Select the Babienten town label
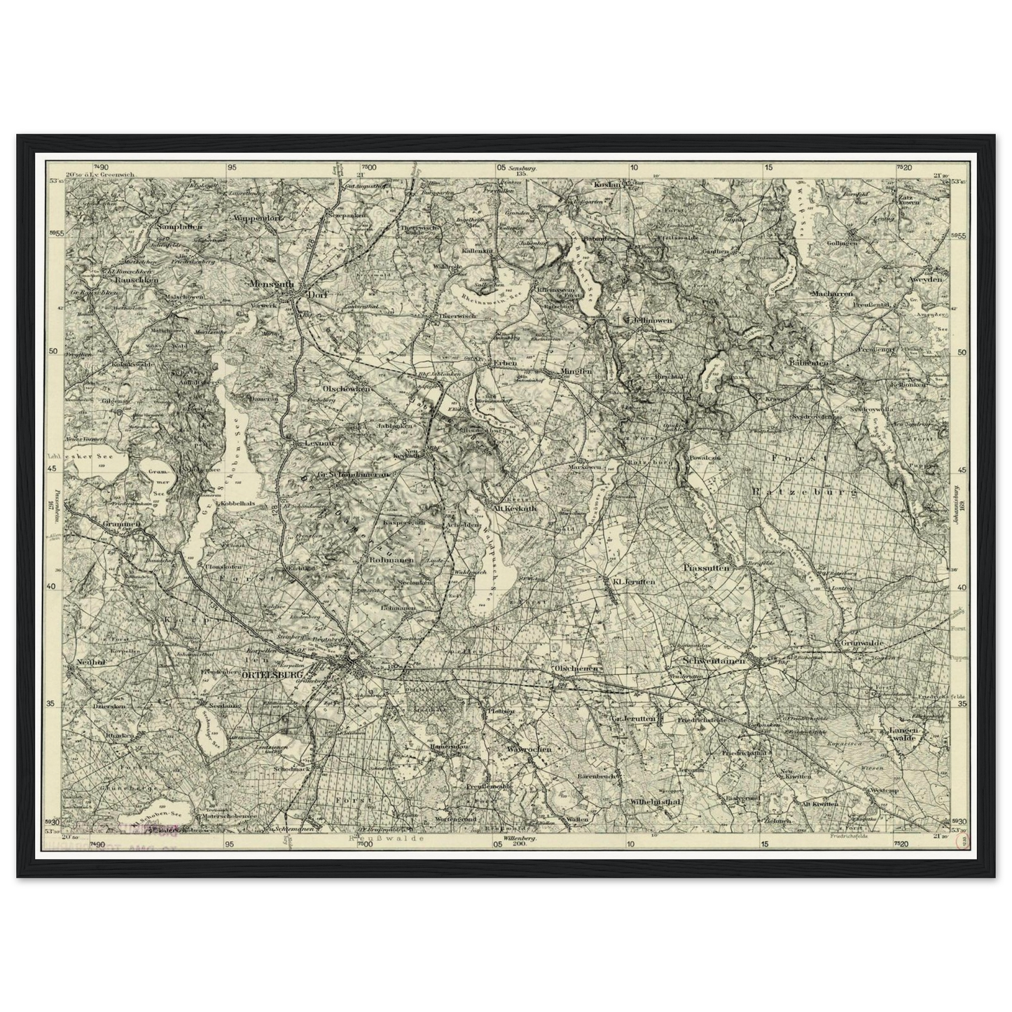click(808, 363)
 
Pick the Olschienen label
click(576, 668)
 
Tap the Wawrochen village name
click(529, 749)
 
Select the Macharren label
click(833, 294)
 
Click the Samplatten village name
click(180, 227)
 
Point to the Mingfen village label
click(576, 371)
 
